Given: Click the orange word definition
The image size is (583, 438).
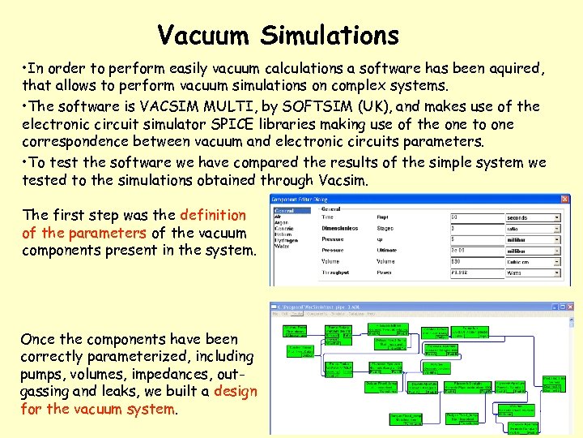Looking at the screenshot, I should click(x=213, y=215).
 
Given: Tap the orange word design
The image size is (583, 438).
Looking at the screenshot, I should click(x=235, y=392).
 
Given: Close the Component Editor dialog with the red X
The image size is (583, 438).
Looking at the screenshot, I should click(x=564, y=199).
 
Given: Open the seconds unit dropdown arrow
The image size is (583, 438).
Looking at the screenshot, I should click(x=556, y=217).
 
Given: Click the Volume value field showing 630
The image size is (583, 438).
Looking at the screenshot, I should click(x=471, y=261).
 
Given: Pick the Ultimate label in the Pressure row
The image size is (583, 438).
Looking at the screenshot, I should click(x=387, y=251).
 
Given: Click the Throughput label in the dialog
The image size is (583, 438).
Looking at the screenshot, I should click(x=338, y=273).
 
